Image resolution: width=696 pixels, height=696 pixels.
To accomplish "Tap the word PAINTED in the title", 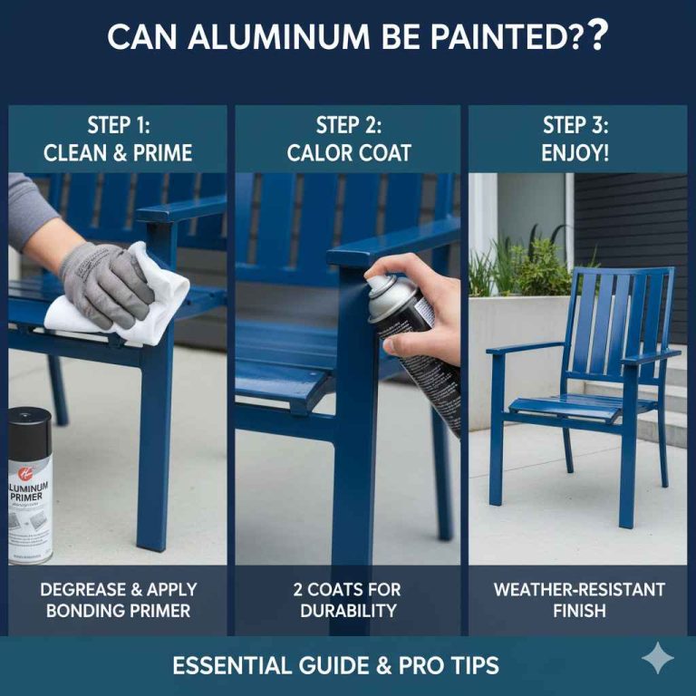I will pyautogui.click(x=488, y=37).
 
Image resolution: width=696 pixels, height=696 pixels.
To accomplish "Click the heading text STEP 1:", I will pyautogui.click(x=118, y=125).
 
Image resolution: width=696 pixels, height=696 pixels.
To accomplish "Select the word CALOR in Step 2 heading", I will pyautogui.click(x=324, y=153).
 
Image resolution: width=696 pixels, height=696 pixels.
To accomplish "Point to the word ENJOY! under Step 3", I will pyautogui.click(x=575, y=153).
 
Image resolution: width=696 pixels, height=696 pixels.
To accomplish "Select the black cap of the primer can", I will pyautogui.click(x=30, y=426).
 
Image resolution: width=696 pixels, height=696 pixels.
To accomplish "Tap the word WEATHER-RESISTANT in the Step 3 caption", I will pyautogui.click(x=579, y=590).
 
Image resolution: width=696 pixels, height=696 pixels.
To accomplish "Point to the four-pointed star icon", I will pyautogui.click(x=657, y=659).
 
